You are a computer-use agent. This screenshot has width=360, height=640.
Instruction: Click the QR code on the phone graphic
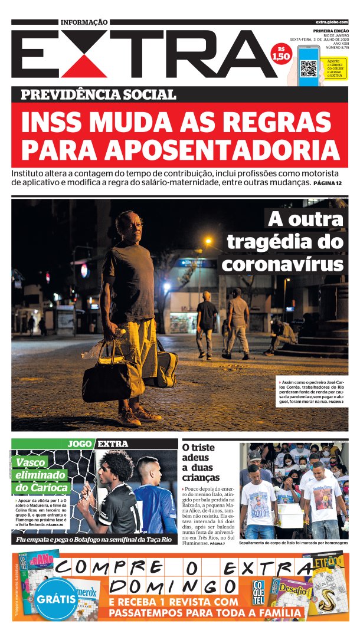tap(309, 68)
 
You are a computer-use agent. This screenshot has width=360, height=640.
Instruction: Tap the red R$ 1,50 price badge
tap(281, 54)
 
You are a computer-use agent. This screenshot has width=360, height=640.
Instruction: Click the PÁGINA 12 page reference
tap(328, 185)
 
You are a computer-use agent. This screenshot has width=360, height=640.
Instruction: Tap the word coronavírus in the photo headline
tap(282, 264)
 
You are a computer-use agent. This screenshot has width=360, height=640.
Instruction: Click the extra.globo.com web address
tap(332, 22)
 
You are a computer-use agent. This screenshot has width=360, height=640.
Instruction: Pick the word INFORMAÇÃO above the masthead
tap(84, 22)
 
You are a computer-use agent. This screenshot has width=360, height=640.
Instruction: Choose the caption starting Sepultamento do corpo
tap(293, 542)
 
